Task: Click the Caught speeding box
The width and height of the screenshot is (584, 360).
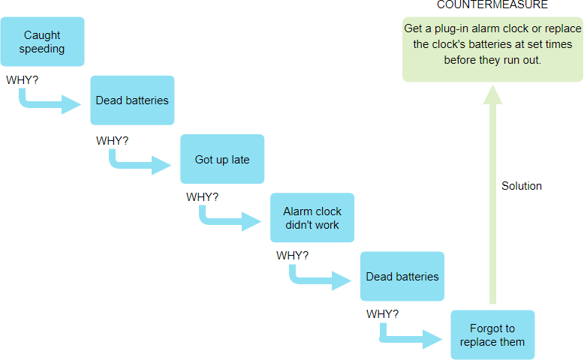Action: pos(42,42)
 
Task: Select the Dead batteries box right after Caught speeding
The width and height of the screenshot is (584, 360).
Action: pos(132,100)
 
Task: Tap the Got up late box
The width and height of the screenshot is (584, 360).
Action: pos(222,159)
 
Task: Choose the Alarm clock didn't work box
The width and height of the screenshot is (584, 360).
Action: pos(312,217)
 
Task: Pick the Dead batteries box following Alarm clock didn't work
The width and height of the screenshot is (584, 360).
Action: pos(402,276)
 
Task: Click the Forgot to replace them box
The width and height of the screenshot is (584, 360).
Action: pos(492,334)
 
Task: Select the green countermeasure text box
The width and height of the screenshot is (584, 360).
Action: pos(492,49)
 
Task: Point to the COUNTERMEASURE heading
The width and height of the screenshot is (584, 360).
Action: pos(492,5)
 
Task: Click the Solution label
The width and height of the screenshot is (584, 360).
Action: pos(522,186)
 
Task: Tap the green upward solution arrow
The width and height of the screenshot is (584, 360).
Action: pos(492,195)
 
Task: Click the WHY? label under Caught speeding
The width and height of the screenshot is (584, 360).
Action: pos(23,80)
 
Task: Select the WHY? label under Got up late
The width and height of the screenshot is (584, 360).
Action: pos(203,197)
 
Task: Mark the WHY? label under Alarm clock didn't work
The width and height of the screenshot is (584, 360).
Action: pos(293,256)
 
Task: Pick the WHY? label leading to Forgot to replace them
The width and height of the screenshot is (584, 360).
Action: pos(383,313)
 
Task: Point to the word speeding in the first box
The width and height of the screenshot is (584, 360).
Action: pos(42,49)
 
